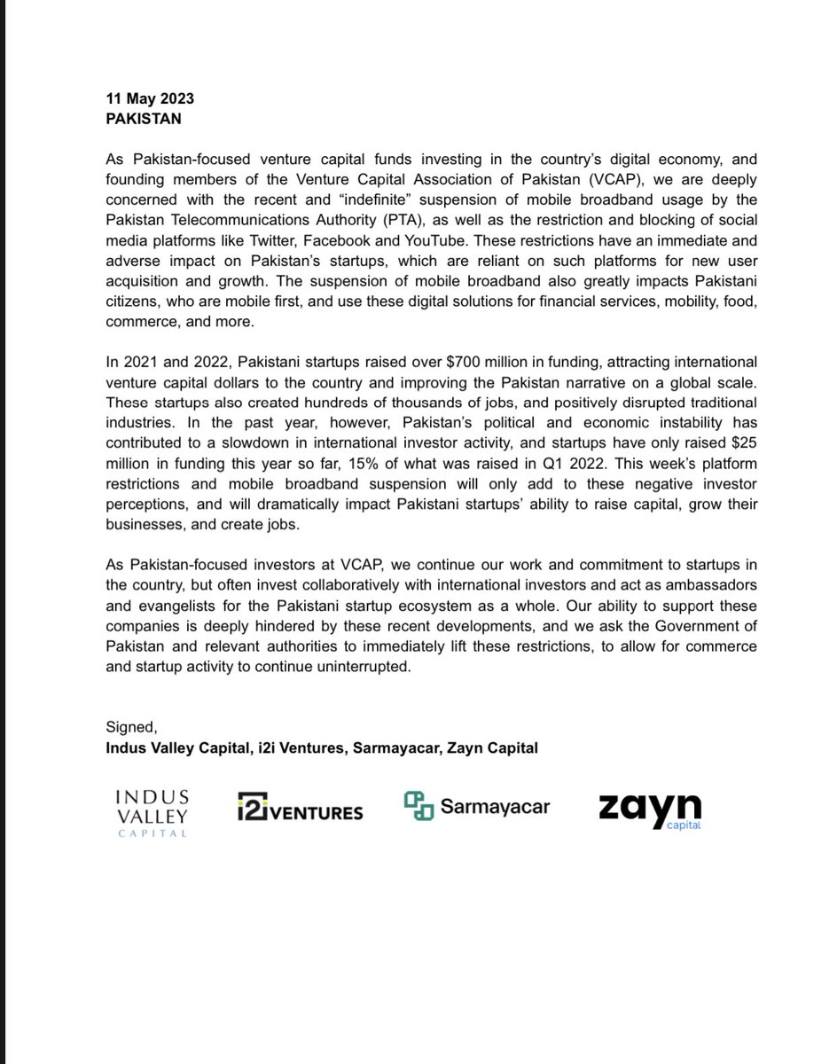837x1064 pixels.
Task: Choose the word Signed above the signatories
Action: pos(130,729)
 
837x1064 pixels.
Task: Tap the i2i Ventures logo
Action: pos(300,809)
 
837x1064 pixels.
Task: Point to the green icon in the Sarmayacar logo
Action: pos(418,805)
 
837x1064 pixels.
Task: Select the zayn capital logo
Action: pos(650,810)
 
